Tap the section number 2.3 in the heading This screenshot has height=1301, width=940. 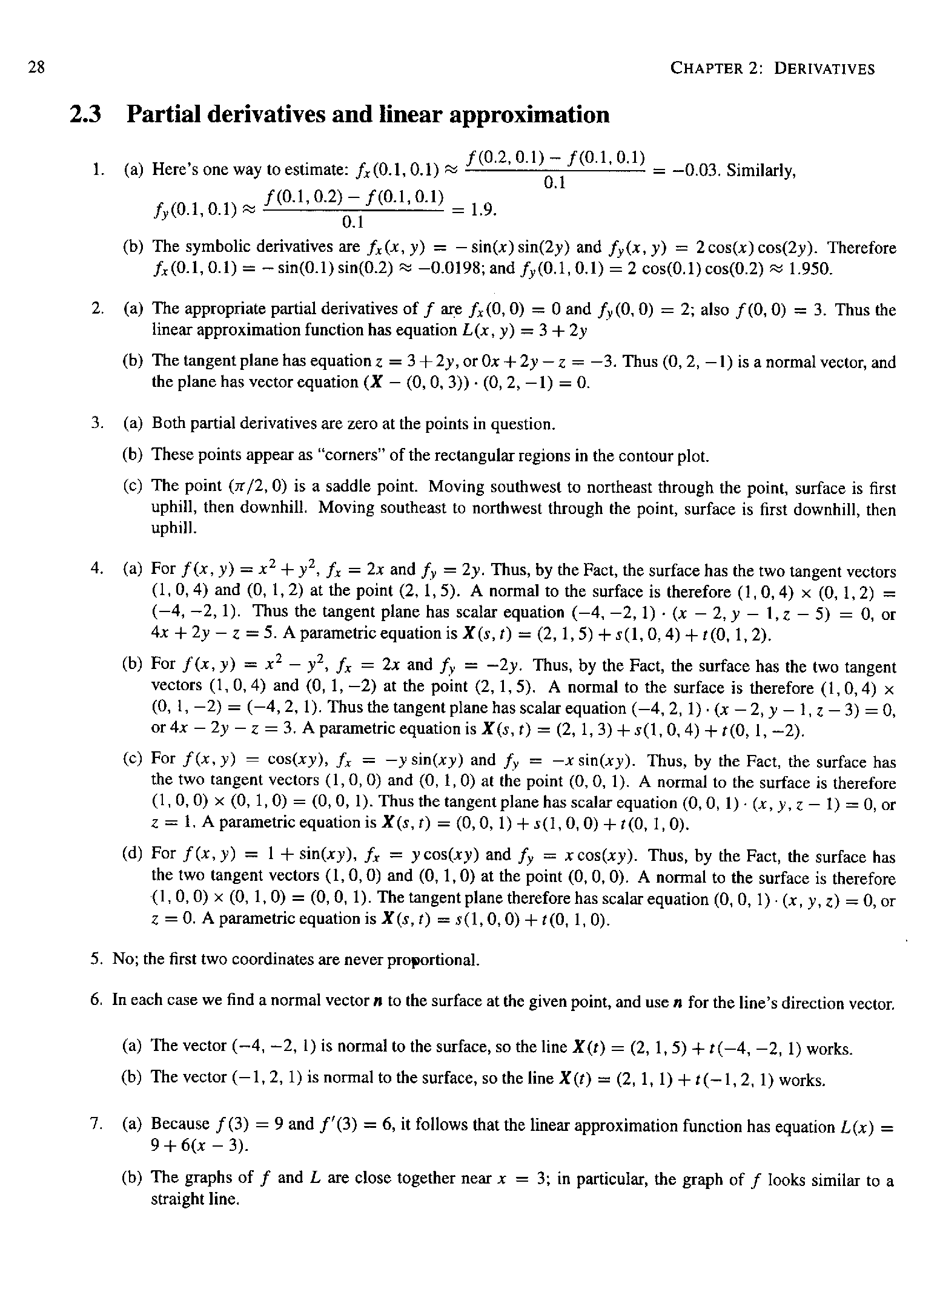[x=85, y=114]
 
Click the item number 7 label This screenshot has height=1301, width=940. [x=96, y=1124]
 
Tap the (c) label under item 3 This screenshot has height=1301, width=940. [x=132, y=486]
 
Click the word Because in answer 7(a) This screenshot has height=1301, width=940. [x=180, y=1124]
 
